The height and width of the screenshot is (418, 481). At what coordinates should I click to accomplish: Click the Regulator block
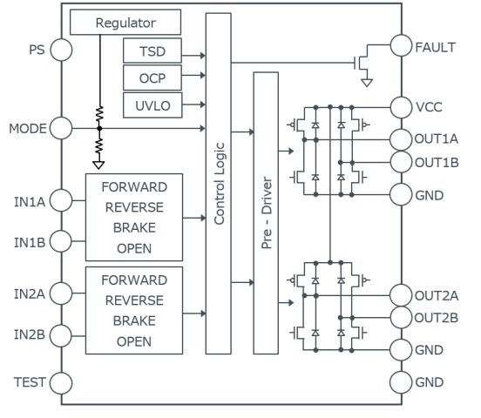[x=125, y=22]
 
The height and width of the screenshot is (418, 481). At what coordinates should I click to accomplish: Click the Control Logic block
[x=220, y=183]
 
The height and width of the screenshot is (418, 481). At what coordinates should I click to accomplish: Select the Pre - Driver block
[x=268, y=213]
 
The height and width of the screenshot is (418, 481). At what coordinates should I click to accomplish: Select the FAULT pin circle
[x=402, y=47]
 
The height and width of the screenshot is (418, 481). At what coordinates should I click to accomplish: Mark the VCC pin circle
[x=402, y=107]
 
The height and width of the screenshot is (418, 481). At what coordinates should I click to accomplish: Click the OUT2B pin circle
[x=402, y=317]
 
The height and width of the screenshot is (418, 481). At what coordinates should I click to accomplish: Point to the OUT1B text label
[x=437, y=162]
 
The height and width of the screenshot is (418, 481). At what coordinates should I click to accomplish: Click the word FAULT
[x=436, y=47]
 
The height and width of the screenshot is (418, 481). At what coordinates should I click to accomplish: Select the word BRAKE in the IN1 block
[x=133, y=229]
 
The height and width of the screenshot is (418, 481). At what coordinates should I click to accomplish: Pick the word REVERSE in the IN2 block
[x=133, y=300]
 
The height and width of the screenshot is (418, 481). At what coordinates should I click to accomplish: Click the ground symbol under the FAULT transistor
[x=367, y=83]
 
